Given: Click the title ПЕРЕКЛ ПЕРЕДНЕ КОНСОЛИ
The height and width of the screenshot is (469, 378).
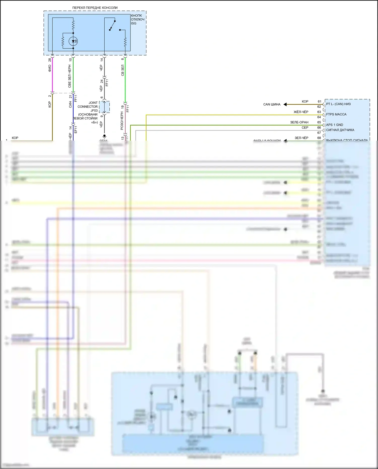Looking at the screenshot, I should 95,8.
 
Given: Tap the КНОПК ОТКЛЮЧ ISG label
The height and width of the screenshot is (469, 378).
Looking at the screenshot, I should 138,19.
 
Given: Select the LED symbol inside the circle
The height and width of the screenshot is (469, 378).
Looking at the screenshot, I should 73,41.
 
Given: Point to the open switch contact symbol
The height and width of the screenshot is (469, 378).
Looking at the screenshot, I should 112,25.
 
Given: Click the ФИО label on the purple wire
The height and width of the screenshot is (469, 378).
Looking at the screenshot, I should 50,68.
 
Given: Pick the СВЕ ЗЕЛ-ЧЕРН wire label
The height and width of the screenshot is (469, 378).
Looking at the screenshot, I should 70,76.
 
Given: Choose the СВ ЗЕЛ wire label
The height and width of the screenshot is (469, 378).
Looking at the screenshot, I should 123,70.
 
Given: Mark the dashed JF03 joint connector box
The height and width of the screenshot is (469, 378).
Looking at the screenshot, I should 104,107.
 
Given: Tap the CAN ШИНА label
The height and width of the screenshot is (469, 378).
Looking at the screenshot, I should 272,104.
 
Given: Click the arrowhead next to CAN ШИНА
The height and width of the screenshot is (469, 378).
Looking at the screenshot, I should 285,104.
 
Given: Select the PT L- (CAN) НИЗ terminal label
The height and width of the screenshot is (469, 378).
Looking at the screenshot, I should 338,104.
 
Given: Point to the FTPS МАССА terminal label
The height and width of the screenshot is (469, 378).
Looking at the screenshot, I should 336,114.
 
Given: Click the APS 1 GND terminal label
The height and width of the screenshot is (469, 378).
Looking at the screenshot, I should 334,125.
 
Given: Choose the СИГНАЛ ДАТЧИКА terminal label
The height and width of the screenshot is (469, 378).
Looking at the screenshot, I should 340,130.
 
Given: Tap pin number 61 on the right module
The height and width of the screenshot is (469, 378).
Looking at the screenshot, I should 319,102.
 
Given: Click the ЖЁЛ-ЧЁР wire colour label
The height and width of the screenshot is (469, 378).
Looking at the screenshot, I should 301,112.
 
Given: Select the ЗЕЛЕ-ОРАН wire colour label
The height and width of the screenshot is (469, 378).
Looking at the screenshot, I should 299,122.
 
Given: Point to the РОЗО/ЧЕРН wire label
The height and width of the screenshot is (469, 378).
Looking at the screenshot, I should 122,121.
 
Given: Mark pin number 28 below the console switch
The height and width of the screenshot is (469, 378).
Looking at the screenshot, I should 50,60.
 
